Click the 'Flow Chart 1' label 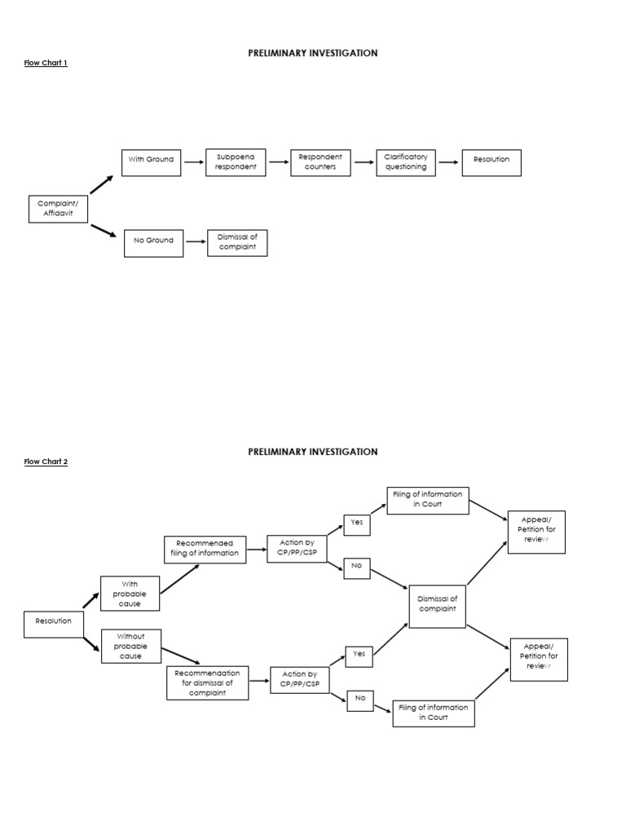coord(46,63)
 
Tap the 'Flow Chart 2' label coord(46,462)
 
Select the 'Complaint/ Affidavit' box coord(58,209)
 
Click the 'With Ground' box coord(152,162)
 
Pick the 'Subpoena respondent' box coord(236,162)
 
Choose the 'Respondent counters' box coord(320,162)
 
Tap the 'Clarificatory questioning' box coord(405,162)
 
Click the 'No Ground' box coord(153,243)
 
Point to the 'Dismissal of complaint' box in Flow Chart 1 coord(237,242)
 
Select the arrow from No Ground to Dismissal coord(195,241)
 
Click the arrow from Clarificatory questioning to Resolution coord(448,162)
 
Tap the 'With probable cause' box coord(130,594)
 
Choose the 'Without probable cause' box coord(130,646)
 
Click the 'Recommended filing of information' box coord(205,548)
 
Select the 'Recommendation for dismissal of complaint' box coord(208,683)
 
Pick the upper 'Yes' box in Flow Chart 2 coord(356,524)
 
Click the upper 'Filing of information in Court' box coord(428,500)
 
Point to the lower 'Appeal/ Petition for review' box coord(539,660)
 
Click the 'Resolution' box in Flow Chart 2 coord(54,624)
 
